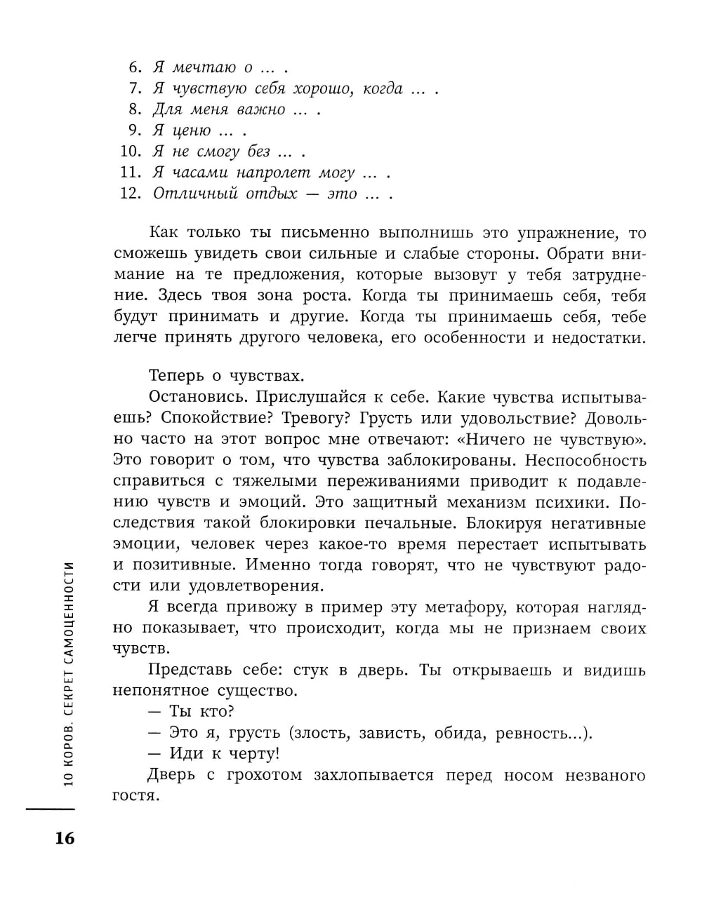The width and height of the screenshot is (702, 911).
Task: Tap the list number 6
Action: click(135, 67)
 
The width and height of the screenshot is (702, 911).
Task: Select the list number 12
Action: click(131, 194)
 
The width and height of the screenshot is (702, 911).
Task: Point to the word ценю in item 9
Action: click(192, 130)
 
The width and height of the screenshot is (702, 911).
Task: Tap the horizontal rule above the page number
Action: click(50, 809)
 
